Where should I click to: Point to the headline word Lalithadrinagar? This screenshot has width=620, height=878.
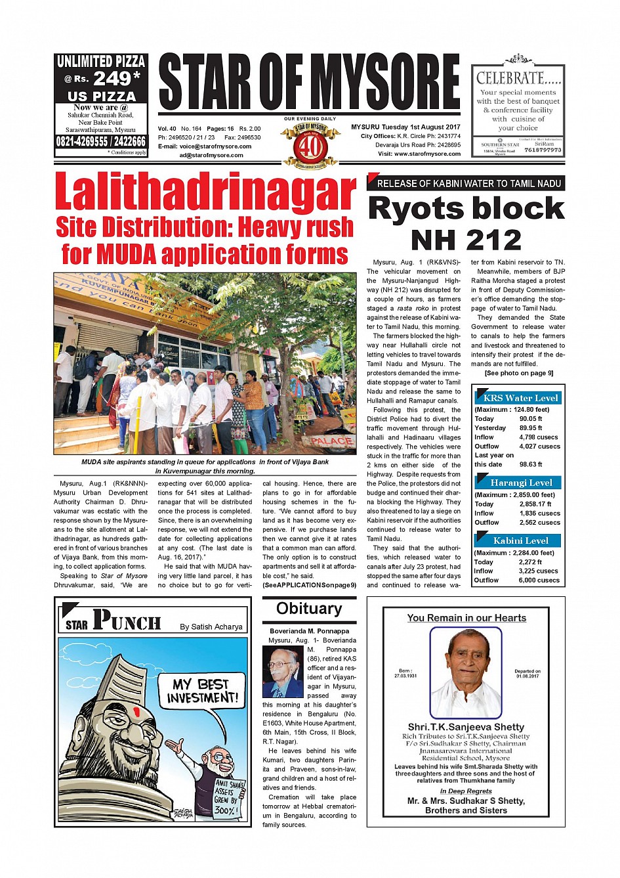tap(205, 192)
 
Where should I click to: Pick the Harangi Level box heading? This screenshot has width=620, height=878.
tap(521, 483)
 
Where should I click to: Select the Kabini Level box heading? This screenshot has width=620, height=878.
tap(521, 540)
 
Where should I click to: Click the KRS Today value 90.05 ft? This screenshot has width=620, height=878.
tap(531, 419)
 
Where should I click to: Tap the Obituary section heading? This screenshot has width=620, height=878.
tap(309, 609)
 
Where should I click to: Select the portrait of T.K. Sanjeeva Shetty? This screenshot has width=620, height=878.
tap(465, 672)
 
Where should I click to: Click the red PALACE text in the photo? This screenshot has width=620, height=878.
tap(331, 441)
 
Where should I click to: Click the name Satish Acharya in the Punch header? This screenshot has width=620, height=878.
tap(211, 627)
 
